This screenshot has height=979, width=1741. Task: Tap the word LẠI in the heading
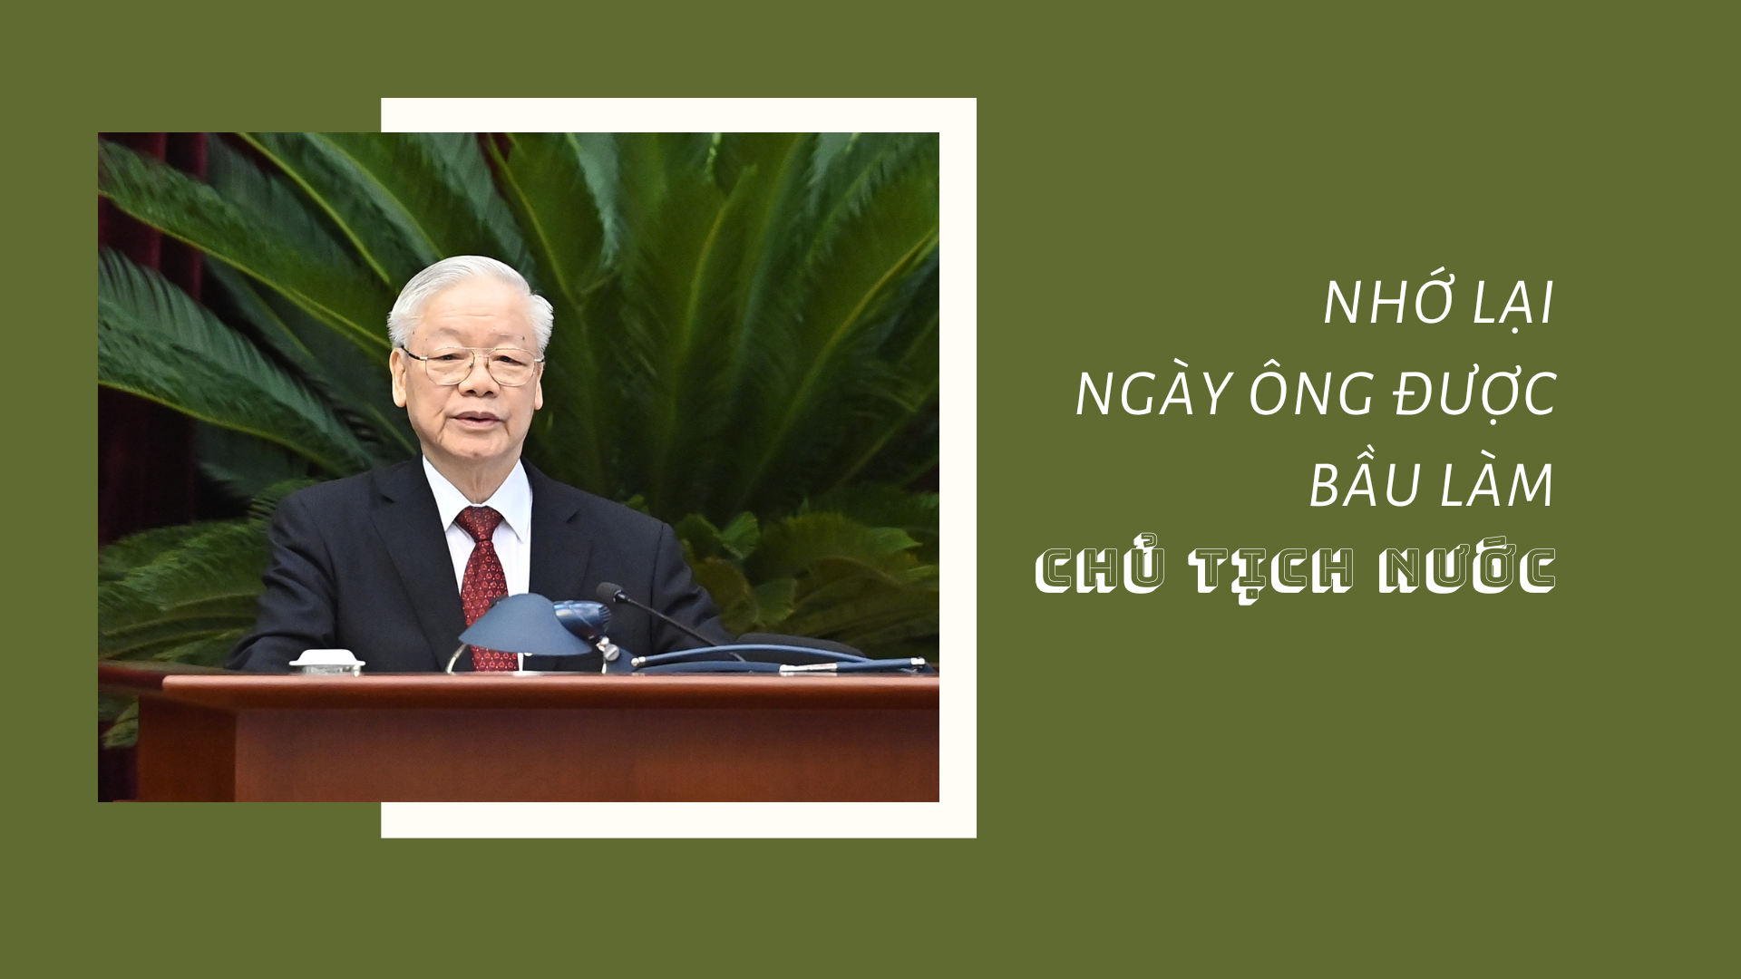click(1512, 304)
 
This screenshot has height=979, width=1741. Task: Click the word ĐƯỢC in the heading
click(1474, 393)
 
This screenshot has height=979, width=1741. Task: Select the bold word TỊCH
click(1271, 573)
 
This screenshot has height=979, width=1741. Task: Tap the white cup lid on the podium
click(326, 660)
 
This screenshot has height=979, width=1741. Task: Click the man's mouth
click(478, 420)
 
